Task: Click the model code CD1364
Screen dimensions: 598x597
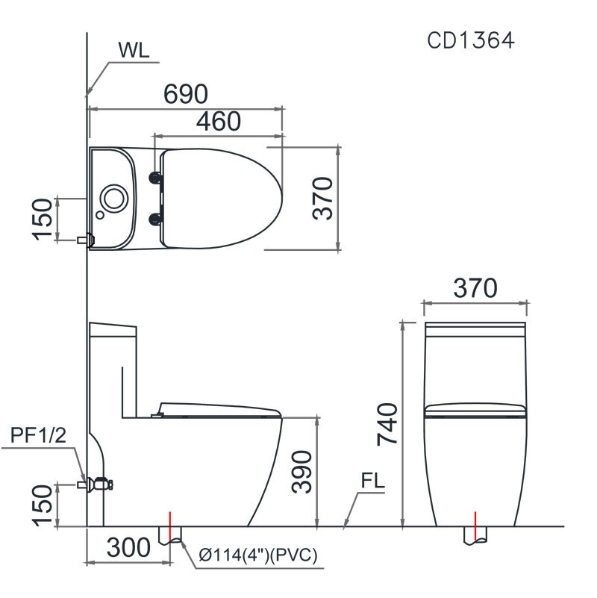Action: click(x=470, y=40)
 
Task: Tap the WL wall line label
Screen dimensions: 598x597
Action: click(x=134, y=51)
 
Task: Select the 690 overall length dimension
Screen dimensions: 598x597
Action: click(x=185, y=94)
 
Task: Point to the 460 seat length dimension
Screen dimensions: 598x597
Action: click(x=219, y=121)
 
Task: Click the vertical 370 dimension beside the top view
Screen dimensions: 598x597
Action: click(x=322, y=199)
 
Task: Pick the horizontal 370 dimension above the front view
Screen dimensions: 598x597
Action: click(x=475, y=288)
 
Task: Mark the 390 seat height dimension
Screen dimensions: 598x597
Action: click(x=301, y=471)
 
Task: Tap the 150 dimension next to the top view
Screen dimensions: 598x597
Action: click(x=43, y=219)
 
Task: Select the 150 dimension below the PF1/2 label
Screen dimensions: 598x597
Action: click(x=43, y=505)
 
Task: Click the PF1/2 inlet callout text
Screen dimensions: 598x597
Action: click(x=39, y=435)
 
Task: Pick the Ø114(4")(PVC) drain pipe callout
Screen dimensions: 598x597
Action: click(x=259, y=555)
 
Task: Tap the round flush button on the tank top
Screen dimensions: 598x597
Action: click(x=113, y=197)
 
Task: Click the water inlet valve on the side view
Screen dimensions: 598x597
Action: click(x=98, y=484)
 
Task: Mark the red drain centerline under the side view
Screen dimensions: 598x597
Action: click(x=172, y=526)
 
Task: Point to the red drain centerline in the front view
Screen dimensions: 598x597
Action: click(x=475, y=525)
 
